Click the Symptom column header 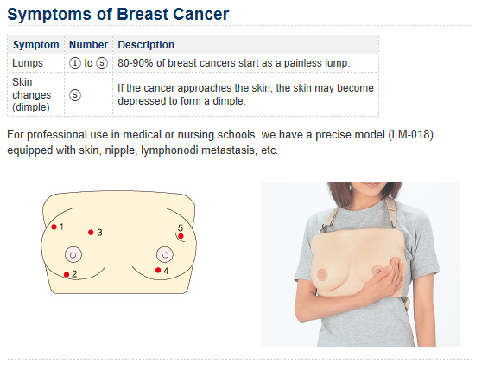click(35, 45)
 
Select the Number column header click(88, 45)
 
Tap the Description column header click(146, 45)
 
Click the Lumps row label click(28, 63)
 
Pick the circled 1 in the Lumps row click(74, 63)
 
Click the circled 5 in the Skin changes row click(74, 95)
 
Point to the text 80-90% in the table click(136, 63)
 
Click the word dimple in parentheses click(31, 107)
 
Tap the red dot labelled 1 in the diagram click(54, 227)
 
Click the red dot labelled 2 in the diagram click(67, 274)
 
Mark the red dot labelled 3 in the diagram click(91, 233)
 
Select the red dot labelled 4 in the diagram click(158, 270)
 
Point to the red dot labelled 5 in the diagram click(181, 236)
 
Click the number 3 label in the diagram click(99, 233)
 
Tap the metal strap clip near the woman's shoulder click(324, 229)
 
